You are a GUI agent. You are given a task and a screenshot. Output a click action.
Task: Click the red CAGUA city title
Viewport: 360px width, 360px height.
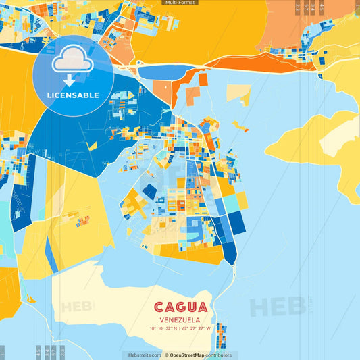[x=180, y=308]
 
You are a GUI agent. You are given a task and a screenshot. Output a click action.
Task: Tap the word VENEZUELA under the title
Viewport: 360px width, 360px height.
[x=180, y=320]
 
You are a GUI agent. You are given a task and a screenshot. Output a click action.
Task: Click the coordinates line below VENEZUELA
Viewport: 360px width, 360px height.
[x=180, y=329]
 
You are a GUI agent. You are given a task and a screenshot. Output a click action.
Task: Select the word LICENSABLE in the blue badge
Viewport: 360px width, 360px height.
[x=73, y=95]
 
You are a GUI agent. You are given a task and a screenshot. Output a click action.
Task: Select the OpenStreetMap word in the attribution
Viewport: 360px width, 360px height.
[x=187, y=355]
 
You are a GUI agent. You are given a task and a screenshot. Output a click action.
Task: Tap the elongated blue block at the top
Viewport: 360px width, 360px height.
[x=169, y=71]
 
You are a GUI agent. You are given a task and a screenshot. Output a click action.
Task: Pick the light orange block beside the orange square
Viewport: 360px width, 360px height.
[x=162, y=91]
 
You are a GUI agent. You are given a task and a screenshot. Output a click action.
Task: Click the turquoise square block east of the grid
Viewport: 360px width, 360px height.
[x=230, y=203]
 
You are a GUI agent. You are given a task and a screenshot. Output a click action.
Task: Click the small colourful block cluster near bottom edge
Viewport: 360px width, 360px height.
[x=220, y=335]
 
